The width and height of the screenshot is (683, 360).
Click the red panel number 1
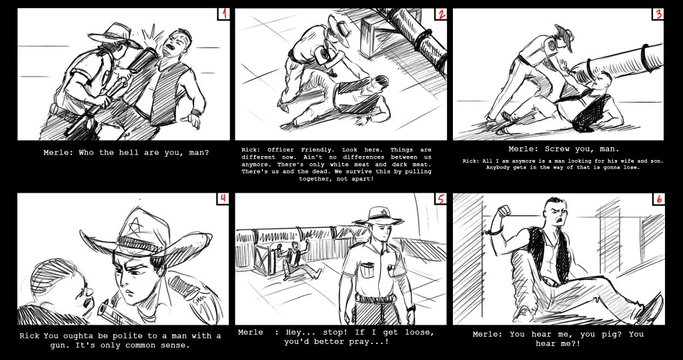click(x=224, y=14)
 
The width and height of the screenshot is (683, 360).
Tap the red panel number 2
click(x=442, y=14)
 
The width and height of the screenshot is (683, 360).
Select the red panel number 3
click(x=658, y=14)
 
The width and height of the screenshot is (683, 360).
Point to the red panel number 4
click(x=223, y=199)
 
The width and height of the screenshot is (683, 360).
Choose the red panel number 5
click(x=441, y=199)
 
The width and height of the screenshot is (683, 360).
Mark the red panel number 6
click(x=659, y=199)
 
